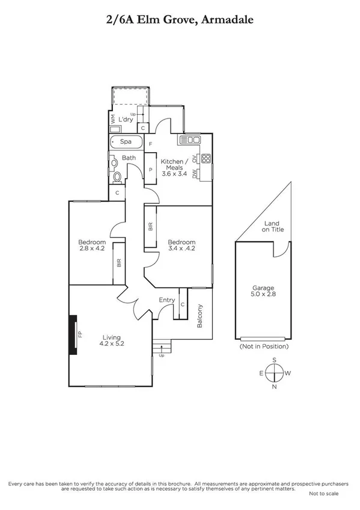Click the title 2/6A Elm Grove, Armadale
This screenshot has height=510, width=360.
pos(180,20)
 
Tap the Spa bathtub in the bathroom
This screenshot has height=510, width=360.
pos(126,143)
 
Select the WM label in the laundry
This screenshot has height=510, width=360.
pos(113,120)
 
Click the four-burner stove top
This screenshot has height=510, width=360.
pos(206,159)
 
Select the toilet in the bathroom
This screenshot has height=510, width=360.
pos(117,177)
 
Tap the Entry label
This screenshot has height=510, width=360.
pos(166,300)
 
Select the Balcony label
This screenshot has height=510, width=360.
pos(200,316)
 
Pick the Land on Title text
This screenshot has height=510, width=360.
pos(273,226)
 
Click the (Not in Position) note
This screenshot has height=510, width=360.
pos(264,346)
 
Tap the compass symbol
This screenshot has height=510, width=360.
pos(275,373)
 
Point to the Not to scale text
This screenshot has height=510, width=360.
pos(323,493)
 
